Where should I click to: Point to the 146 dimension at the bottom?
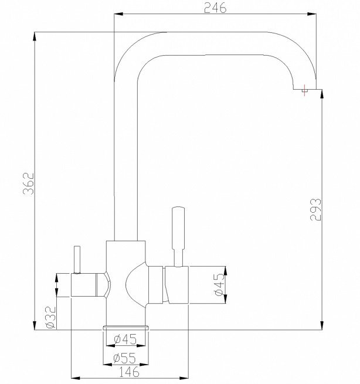[123, 371]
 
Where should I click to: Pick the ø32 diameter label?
[50, 317]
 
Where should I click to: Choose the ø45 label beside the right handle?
[218, 286]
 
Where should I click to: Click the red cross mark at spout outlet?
[304, 91]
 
